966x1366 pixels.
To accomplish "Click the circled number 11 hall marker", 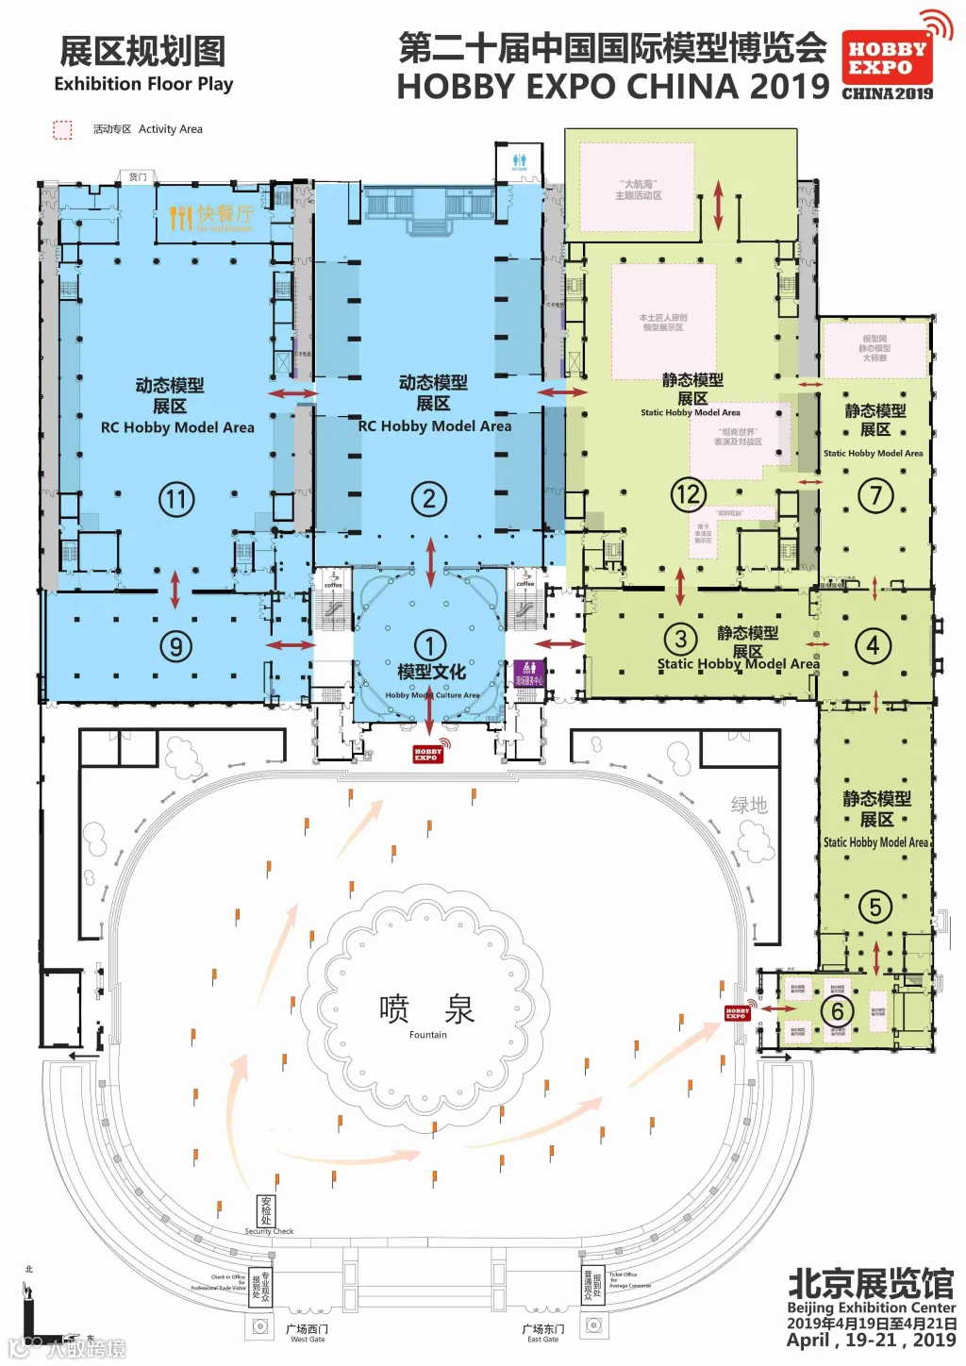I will [176, 499].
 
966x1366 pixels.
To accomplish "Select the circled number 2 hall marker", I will [429, 499].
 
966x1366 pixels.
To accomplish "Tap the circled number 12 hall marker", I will [688, 493].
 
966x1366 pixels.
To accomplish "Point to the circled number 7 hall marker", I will [875, 495].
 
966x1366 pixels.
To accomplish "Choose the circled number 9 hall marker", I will [175, 646].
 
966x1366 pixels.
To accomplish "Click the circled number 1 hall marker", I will [430, 646].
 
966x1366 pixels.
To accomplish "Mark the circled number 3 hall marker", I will [680, 639].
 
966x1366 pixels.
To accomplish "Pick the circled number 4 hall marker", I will [873, 646].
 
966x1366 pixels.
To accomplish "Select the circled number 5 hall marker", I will [875, 908].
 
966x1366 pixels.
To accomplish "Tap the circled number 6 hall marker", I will [837, 1010].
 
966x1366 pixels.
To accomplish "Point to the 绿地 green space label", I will [749, 805].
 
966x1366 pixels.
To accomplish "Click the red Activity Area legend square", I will [62, 129].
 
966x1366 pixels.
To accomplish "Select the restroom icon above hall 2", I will [519, 161].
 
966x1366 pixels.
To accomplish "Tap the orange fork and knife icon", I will [180, 218].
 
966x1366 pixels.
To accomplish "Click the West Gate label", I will [308, 1333].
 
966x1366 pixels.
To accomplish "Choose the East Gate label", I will [543, 1333].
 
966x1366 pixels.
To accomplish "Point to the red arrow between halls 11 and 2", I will [292, 392].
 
